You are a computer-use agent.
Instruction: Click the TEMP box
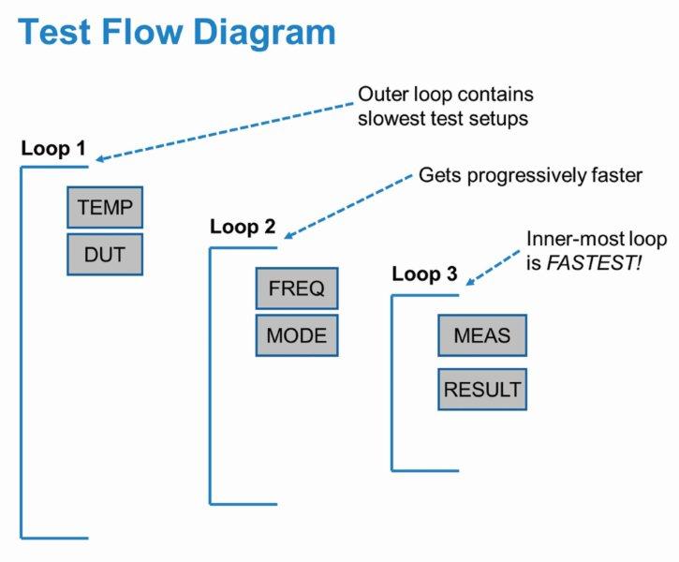105,207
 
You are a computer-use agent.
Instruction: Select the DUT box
105,253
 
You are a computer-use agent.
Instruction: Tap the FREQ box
296,288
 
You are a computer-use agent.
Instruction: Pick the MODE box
296,334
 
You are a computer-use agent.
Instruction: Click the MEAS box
482,334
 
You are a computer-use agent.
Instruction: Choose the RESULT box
482,389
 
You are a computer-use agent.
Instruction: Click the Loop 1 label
52,148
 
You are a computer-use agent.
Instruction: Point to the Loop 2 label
243,227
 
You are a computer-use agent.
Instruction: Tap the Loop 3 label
424,274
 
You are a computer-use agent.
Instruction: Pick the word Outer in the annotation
381,96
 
